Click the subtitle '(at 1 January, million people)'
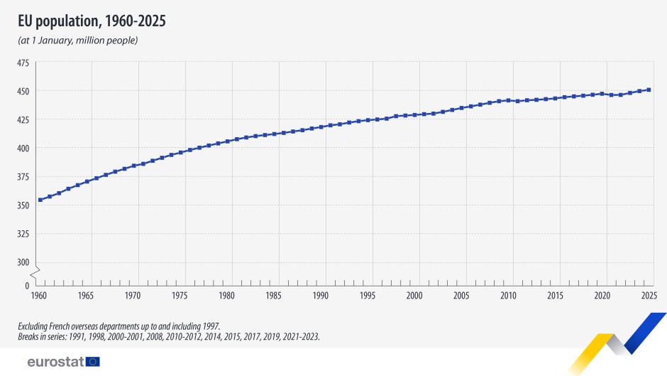(77, 40)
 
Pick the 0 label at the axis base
(27, 285)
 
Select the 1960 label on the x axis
(40, 295)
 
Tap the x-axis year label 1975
(180, 295)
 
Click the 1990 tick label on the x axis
(321, 295)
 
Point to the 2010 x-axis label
(508, 295)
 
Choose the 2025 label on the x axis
(649, 295)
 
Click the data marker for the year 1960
(40, 200)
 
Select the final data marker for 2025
(649, 90)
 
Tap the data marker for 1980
(227, 141)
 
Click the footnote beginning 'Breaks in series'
(169, 337)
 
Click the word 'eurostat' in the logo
(55, 362)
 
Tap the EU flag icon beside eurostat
(93, 362)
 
